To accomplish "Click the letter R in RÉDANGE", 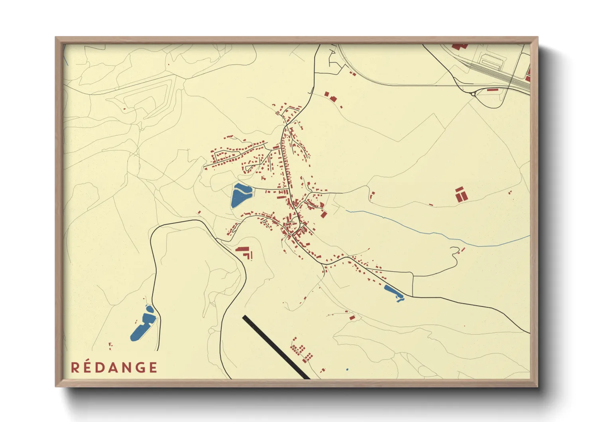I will tap(75, 367).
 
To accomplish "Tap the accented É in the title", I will tap(87, 367).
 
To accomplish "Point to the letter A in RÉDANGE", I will tap(113, 367).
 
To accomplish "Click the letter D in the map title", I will tap(100, 367).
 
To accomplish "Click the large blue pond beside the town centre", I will tap(240, 195).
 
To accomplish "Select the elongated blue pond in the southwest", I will tap(142, 325).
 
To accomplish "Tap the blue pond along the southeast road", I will tap(393, 292).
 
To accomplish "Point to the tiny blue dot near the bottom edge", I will tap(347, 370).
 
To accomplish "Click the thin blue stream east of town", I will tap(439, 235).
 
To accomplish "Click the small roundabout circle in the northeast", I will tap(473, 94).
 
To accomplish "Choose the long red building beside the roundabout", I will tap(493, 90).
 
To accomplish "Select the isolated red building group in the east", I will tap(460, 194).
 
